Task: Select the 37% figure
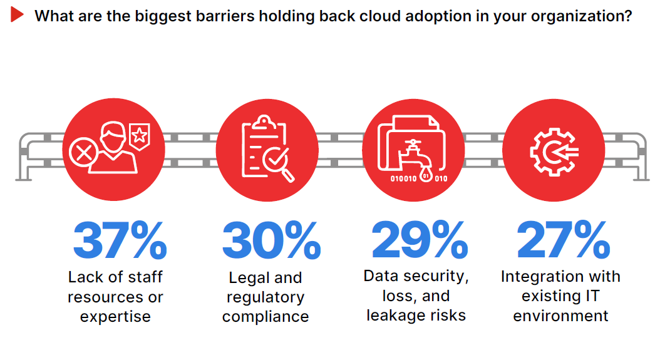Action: click(x=120, y=240)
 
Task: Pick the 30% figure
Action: click(x=272, y=240)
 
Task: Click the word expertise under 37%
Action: click(x=115, y=317)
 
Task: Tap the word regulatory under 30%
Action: click(x=266, y=297)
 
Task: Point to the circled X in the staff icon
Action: click(x=83, y=153)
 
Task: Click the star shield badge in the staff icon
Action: click(x=140, y=136)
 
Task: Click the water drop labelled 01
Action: click(x=426, y=175)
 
